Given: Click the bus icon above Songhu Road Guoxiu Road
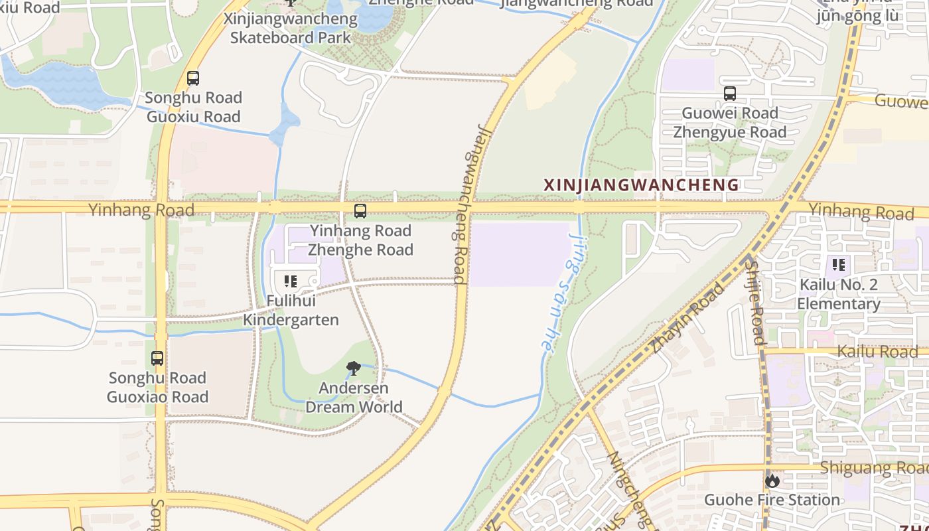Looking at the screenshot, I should click(193, 78).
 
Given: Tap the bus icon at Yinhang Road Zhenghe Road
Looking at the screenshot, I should click(360, 212).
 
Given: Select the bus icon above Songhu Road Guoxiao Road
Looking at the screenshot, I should click(157, 358).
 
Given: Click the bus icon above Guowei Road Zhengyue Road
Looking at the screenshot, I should click(730, 94).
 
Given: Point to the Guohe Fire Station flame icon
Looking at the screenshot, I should click(772, 481).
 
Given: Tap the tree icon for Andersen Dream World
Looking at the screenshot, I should click(354, 368).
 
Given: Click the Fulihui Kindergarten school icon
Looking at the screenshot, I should click(290, 282).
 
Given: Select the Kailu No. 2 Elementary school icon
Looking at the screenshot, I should click(839, 265).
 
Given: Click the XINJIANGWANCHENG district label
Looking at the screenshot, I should click(641, 185).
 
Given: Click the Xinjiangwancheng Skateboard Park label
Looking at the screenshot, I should click(291, 28).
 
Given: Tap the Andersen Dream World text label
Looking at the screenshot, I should click(354, 397).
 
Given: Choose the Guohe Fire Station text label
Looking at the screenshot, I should click(772, 500).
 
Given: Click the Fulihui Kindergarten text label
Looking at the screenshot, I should click(291, 310).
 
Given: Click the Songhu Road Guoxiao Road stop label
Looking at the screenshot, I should click(158, 387).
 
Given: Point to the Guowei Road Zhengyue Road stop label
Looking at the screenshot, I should click(730, 122).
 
